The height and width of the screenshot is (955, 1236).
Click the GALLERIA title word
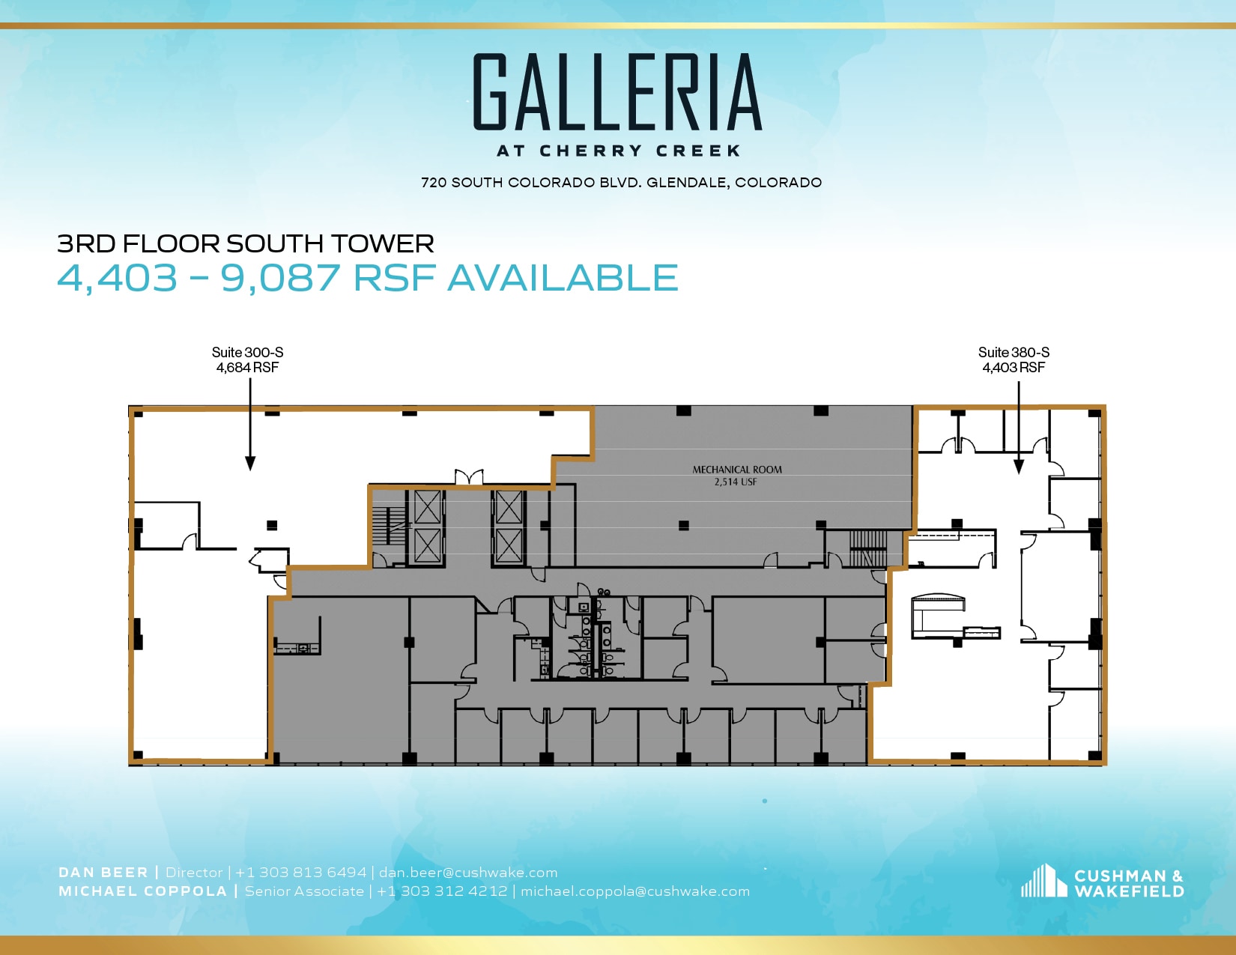coord(618,93)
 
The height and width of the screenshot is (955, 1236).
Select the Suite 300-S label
coord(247,352)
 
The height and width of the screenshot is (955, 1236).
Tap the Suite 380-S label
coord(1014,352)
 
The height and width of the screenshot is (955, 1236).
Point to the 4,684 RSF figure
coord(247,368)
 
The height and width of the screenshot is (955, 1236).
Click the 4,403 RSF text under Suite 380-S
coord(1014,368)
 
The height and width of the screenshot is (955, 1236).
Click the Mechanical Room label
coord(737,470)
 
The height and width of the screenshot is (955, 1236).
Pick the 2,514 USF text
coord(736,482)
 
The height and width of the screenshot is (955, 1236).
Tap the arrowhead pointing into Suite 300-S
coord(250,464)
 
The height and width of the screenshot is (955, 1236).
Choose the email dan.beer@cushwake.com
coord(468,873)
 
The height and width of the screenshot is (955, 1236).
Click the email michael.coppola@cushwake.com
coord(635,891)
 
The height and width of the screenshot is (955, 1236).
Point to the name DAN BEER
coord(103,873)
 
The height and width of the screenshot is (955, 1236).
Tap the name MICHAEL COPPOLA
coord(142,891)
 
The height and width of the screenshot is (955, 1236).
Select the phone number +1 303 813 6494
coord(301,873)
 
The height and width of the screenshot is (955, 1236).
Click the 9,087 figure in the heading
coord(280,278)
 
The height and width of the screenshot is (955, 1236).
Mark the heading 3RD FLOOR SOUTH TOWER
coord(246,243)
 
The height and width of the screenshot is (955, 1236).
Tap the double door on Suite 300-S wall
coord(469,477)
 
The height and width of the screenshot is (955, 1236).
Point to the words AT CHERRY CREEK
coord(619,151)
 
